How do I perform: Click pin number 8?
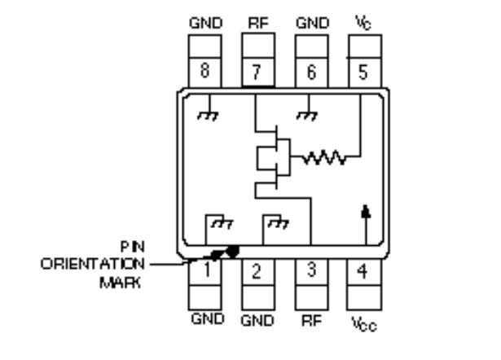(206, 71)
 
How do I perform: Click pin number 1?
(206, 270)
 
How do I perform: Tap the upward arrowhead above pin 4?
(363, 211)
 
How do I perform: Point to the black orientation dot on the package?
(234, 252)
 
